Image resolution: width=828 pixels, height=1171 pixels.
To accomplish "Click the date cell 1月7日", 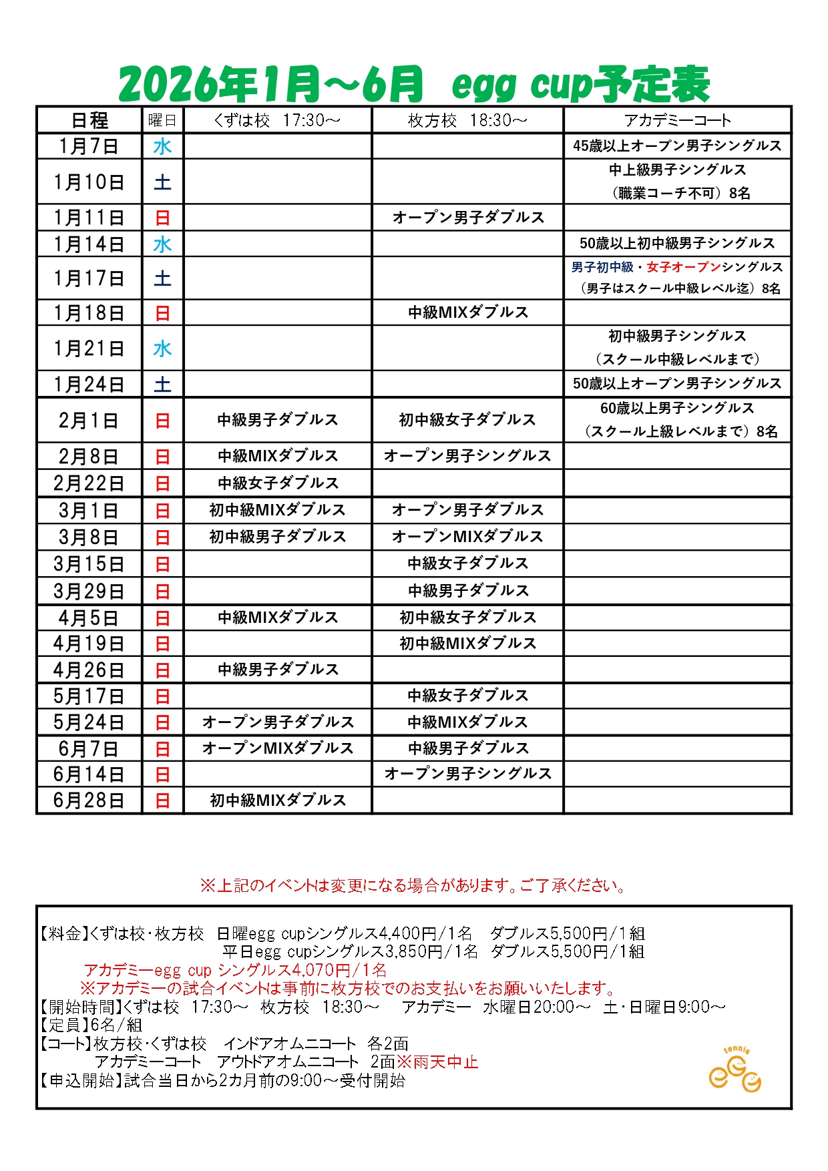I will (x=89, y=146).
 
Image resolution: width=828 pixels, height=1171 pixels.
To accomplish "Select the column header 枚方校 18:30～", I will (x=467, y=120).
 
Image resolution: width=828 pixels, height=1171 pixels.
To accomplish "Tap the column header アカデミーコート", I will (x=677, y=120).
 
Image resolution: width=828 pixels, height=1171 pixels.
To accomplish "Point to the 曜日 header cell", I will (x=162, y=120).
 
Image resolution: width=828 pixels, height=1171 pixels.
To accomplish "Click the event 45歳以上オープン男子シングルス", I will (x=677, y=146).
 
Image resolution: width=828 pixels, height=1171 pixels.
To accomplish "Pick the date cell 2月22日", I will (x=89, y=483).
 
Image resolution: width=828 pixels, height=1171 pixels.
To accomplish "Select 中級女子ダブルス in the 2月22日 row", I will (x=278, y=483).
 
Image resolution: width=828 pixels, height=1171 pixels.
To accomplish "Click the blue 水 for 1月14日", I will (x=162, y=244).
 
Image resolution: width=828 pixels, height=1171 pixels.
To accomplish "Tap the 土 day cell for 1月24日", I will (x=162, y=385).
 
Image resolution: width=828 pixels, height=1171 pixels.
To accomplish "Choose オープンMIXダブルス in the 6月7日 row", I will (x=278, y=748).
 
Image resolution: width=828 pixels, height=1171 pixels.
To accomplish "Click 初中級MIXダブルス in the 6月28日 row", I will (x=278, y=800).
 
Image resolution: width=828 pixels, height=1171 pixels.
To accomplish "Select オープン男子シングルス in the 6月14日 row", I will (x=467, y=774).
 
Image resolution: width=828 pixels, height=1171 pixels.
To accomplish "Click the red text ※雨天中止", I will (x=438, y=1062).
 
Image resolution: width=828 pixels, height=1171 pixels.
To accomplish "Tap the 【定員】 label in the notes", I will (x=64, y=1025).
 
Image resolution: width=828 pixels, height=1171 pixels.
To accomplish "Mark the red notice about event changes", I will (x=414, y=886).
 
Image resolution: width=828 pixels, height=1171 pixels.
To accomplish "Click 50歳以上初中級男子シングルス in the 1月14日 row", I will (x=677, y=244).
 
